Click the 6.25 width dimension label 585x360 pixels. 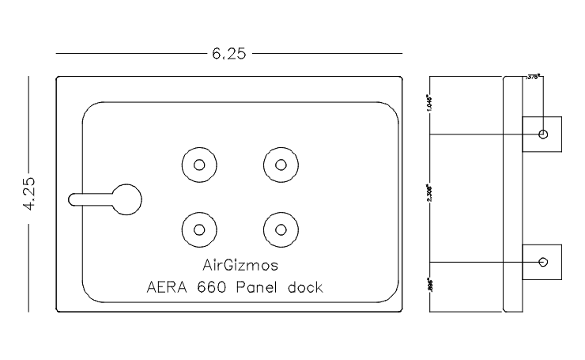(228, 54)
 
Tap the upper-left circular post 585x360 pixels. (198, 165)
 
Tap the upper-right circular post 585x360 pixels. (279, 165)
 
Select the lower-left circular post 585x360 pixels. (198, 229)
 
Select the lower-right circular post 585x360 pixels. (279, 229)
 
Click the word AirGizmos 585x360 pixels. (236, 264)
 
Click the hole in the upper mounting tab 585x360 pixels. (542, 134)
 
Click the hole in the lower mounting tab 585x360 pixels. (542, 262)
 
